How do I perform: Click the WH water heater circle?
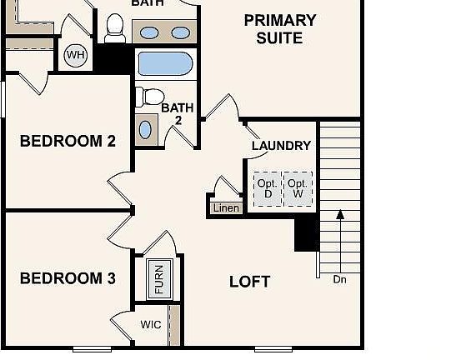(x=76, y=56)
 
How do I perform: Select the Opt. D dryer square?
(x=267, y=188)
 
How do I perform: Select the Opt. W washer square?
(x=298, y=188)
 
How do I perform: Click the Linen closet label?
(x=225, y=207)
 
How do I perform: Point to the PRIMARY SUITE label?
(x=280, y=29)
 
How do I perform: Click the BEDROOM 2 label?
(x=68, y=141)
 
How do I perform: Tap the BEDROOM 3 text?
(x=68, y=278)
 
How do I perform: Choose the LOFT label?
(x=249, y=282)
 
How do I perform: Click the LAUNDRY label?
(x=281, y=146)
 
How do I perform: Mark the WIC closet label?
(x=150, y=325)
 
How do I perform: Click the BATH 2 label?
(x=177, y=114)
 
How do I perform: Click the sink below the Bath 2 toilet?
(x=146, y=129)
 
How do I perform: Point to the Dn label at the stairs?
(x=339, y=279)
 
